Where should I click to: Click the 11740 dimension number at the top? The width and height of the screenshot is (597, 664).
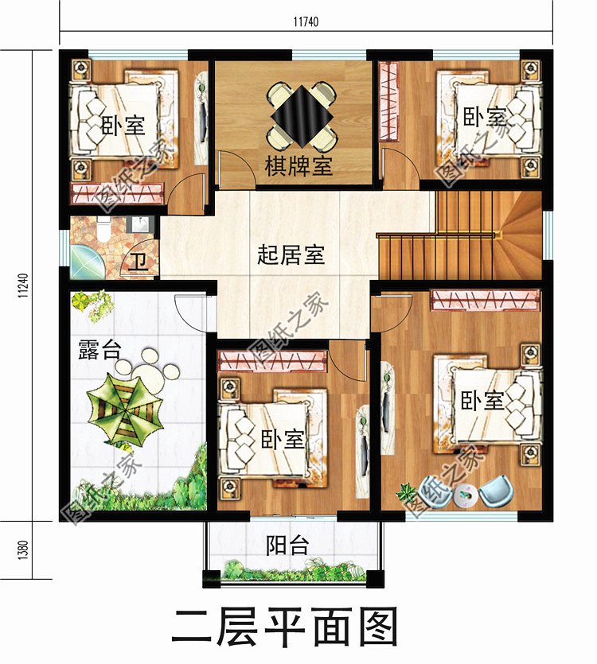306,21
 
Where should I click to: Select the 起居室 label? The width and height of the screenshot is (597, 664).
291,255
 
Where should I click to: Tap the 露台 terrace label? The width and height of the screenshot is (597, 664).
98,349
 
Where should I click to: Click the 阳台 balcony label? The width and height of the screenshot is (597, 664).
287,546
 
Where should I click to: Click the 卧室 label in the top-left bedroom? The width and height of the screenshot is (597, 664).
123,125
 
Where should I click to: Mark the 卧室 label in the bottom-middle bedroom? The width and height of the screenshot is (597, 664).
283,438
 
